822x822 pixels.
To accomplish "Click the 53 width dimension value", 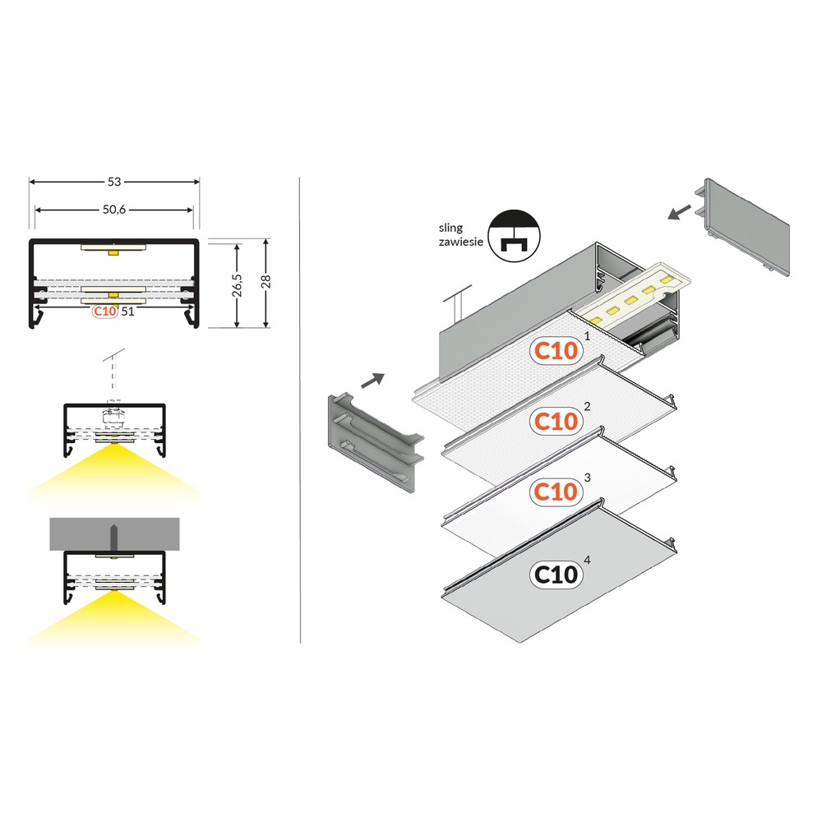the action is (x=114, y=182).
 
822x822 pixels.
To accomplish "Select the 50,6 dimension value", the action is (x=114, y=210).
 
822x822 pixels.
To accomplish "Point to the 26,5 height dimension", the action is (x=238, y=284).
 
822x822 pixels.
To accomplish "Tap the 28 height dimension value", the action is (x=266, y=281).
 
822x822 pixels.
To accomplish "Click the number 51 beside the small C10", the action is (x=127, y=312).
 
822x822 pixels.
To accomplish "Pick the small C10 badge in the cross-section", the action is (x=105, y=312).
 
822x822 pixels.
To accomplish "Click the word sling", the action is (x=450, y=228).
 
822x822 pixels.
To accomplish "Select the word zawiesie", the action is (x=461, y=242).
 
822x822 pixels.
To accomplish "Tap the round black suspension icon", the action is (x=514, y=236).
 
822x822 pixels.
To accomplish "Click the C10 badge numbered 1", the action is (x=556, y=350).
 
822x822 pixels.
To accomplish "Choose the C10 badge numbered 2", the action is (x=556, y=421).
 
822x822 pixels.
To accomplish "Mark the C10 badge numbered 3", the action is (x=556, y=492).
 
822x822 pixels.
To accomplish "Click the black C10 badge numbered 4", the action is (x=556, y=575).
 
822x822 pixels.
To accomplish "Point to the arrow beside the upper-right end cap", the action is (x=680, y=212).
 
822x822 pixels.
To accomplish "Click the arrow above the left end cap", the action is (x=372, y=381).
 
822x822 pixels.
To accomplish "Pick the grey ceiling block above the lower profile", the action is (x=115, y=534).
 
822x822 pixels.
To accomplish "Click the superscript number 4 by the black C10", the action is (x=587, y=560).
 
